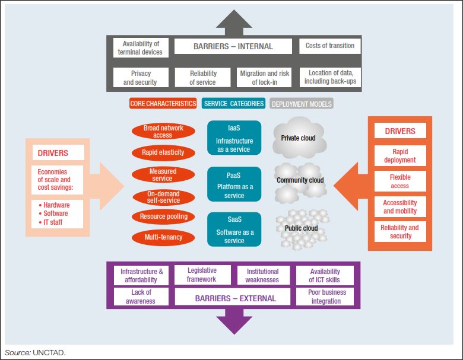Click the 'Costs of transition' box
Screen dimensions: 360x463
click(330, 46)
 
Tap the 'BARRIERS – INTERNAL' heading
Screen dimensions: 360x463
click(233, 46)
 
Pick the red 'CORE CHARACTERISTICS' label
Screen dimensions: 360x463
click(163, 104)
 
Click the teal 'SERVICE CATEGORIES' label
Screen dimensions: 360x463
click(233, 104)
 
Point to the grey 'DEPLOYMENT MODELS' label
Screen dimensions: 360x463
click(302, 104)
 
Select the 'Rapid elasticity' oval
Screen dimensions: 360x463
click(163, 152)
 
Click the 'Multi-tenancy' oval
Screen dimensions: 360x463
click(163, 238)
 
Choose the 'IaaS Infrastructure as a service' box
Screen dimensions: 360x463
click(234, 138)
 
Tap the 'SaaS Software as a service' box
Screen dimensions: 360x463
click(234, 229)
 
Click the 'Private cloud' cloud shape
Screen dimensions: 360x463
click(299, 138)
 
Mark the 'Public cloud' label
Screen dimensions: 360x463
click(300, 228)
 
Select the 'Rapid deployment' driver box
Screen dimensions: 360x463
click(400, 155)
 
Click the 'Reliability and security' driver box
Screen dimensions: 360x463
click(400, 231)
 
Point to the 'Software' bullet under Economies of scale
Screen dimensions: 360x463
click(56, 214)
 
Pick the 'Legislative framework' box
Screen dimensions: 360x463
click(201, 275)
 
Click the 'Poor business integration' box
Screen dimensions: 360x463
click(326, 297)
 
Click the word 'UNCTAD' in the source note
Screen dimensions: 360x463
click(49, 353)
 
